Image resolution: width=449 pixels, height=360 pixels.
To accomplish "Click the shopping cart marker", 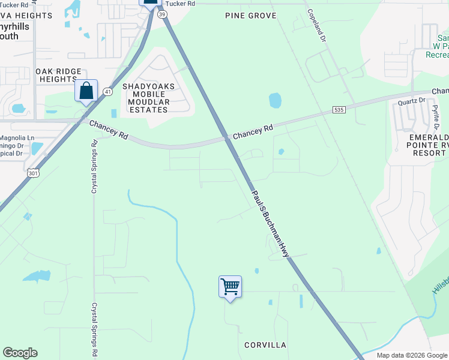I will point(230,286).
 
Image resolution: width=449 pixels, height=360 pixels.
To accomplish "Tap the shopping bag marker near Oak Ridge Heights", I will point(86,91).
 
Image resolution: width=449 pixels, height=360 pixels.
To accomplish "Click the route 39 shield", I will point(162,16).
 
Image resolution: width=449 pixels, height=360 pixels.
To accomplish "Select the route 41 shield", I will point(107,91).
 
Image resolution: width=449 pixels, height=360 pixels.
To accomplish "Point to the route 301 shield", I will point(34,173).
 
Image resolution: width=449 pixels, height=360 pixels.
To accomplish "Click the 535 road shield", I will point(340,110).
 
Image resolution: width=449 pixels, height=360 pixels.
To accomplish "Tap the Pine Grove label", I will point(250,15).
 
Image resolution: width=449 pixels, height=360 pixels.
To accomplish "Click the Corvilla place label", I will point(265,345).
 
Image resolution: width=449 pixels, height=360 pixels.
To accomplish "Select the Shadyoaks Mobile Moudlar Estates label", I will point(149,98).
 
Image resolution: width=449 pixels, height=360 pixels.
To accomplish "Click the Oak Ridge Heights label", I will point(58,75).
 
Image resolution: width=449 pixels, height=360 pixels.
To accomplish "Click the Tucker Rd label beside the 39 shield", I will point(181,4).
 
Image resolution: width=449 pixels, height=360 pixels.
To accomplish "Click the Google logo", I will point(20,353).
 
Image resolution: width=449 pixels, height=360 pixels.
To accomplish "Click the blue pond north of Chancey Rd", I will point(275,100).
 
